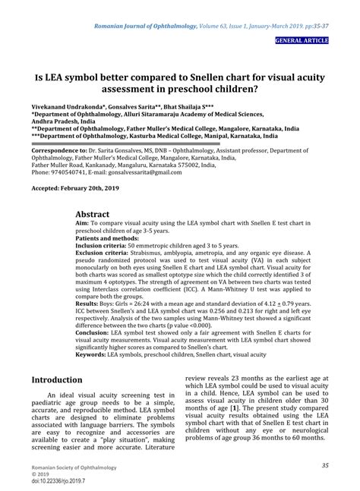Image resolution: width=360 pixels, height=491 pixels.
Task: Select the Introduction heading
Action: (57, 379)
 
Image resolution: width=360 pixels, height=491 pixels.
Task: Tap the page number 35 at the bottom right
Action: (324, 465)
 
